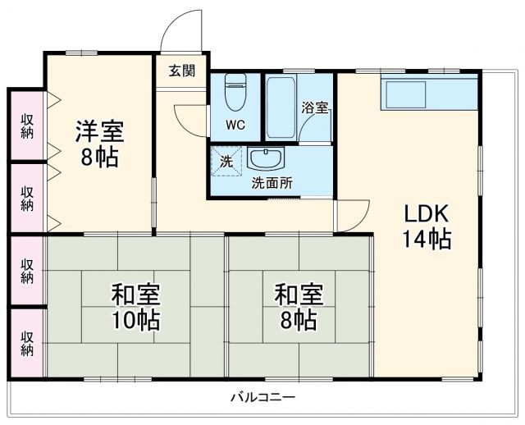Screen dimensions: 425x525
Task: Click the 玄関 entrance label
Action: (182, 71)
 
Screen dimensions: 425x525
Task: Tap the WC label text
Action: (235, 126)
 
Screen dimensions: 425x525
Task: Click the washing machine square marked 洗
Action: (226, 162)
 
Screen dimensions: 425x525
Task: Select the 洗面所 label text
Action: (271, 183)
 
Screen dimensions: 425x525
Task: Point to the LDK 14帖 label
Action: (426, 226)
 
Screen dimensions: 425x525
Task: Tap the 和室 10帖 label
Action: (136, 306)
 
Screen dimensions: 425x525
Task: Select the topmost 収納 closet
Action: (27, 122)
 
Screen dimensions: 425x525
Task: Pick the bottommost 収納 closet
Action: (27, 343)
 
